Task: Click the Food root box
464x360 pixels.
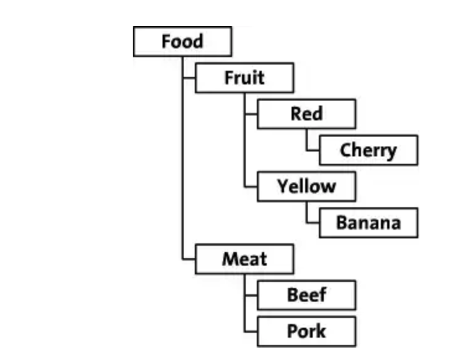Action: [182, 42]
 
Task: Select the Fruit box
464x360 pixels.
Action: [244, 78]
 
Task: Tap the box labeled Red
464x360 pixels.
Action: [306, 114]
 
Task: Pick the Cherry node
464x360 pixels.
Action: [368, 150]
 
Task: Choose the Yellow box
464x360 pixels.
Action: [306, 186]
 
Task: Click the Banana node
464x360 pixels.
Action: [368, 223]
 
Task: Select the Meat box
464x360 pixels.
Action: [244, 259]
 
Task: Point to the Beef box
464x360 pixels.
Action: [306, 295]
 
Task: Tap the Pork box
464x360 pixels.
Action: [306, 331]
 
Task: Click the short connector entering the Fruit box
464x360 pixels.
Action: [189, 78]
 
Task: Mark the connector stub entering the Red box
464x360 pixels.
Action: [251, 114]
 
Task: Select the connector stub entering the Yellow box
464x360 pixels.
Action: [251, 186]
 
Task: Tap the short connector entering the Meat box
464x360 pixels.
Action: [189, 259]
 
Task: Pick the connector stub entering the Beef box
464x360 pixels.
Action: [251, 295]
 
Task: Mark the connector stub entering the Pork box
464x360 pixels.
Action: [251, 331]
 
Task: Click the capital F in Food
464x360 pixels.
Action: [166, 42]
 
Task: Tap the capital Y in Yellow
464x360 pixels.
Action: [282, 186]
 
